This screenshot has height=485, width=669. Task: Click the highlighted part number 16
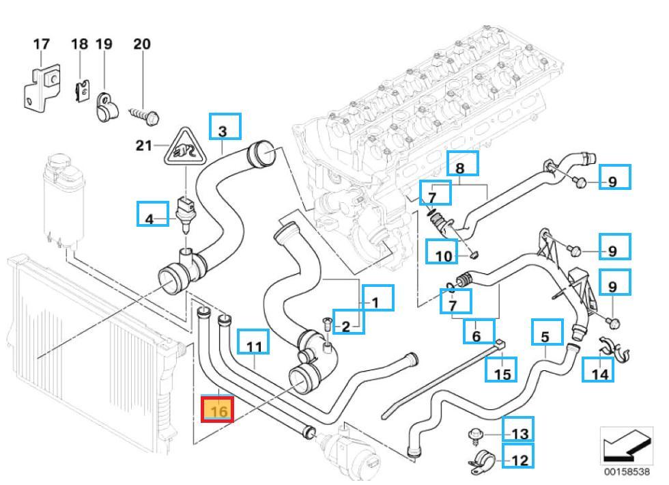[x=218, y=411]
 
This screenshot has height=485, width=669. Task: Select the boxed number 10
[x=442, y=255]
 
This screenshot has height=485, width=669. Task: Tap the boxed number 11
[x=253, y=346]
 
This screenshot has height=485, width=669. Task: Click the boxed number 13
[x=518, y=433]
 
